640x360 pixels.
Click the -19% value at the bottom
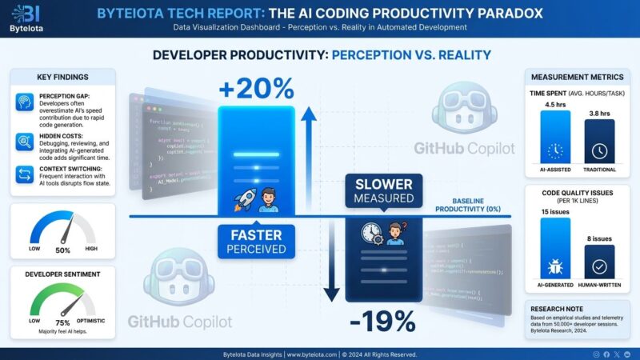tap(383, 322)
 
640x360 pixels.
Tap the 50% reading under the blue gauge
tap(62, 250)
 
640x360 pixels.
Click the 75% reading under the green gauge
tap(62, 322)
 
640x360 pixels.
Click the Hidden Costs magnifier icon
tap(25, 142)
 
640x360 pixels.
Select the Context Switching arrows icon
tap(25, 175)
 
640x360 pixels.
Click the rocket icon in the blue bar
tap(243, 198)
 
